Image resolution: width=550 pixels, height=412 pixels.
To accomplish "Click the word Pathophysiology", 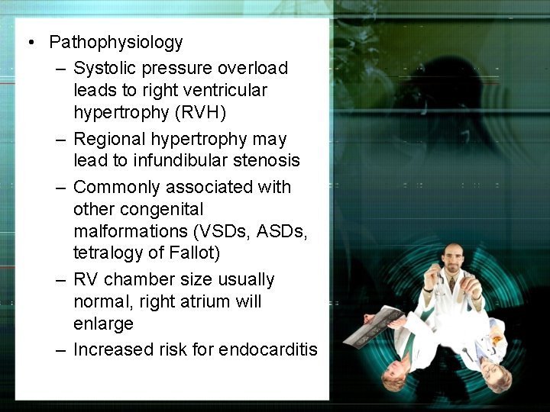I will [115, 41].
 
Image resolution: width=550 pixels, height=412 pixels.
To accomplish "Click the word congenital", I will [176, 209].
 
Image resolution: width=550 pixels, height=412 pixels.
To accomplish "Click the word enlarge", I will [103, 323].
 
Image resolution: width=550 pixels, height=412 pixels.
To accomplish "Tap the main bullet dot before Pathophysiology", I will [28, 42].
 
